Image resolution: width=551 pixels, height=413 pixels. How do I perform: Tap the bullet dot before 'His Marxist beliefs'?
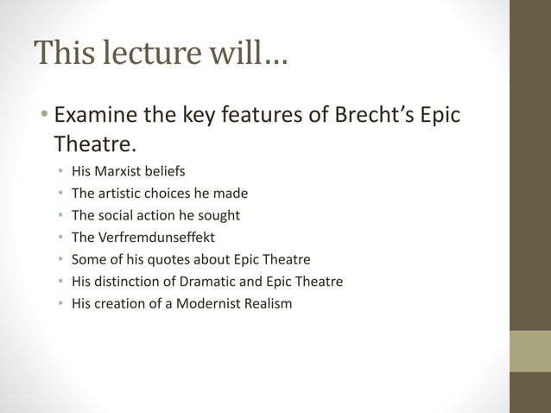pos(60,172)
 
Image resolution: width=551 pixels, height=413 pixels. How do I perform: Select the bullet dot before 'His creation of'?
pos(60,304)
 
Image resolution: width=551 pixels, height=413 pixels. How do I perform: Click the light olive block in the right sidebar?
pos(529,351)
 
